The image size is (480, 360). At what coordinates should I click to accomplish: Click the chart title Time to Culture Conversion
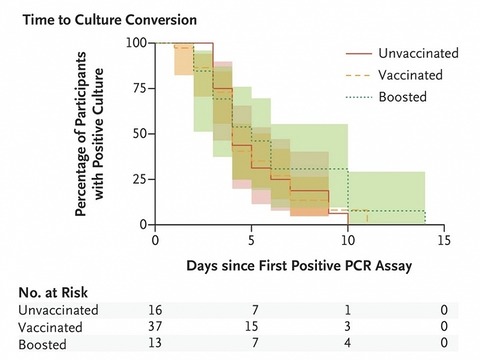point(110,20)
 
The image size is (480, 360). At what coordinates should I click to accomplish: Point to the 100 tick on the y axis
point(136,43)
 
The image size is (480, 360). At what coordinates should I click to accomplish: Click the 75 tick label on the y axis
point(140,89)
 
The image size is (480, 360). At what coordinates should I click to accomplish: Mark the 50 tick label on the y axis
point(140,134)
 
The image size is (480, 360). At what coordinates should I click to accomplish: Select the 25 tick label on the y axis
point(140,179)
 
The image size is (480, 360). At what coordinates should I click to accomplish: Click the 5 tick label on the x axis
point(251,240)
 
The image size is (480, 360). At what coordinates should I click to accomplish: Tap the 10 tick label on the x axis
point(348,240)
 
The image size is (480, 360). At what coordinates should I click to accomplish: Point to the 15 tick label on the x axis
point(444,240)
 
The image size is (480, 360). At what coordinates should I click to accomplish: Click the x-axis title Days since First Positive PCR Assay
point(299,266)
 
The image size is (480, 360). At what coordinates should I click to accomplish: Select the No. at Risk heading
point(53,293)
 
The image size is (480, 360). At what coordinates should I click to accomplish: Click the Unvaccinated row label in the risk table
point(58,310)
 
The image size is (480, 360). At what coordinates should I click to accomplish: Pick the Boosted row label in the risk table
point(42,344)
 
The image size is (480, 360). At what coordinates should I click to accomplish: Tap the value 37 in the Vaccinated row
point(155,326)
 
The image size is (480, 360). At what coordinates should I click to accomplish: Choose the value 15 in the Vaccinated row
point(251,326)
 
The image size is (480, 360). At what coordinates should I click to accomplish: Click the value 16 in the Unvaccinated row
point(155,310)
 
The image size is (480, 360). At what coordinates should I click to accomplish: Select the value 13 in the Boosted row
point(155,343)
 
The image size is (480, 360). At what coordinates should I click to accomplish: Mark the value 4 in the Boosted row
point(347,343)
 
